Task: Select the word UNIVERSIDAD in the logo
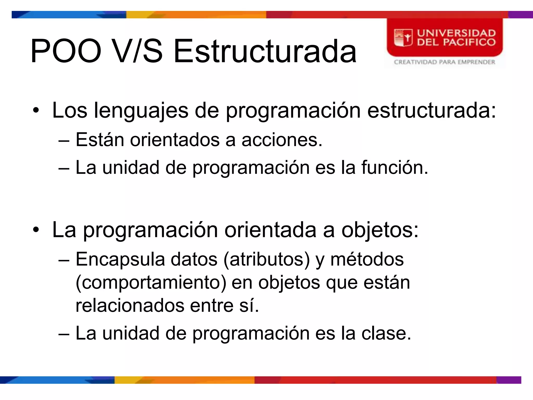coord(456,33)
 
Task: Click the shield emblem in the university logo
coord(403,38)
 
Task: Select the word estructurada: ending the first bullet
coord(432,110)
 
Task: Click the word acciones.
coord(282,140)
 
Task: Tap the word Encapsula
coord(120,260)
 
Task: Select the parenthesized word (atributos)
coord(266,260)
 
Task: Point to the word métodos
coord(367,260)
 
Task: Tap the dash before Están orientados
coord(64,141)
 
